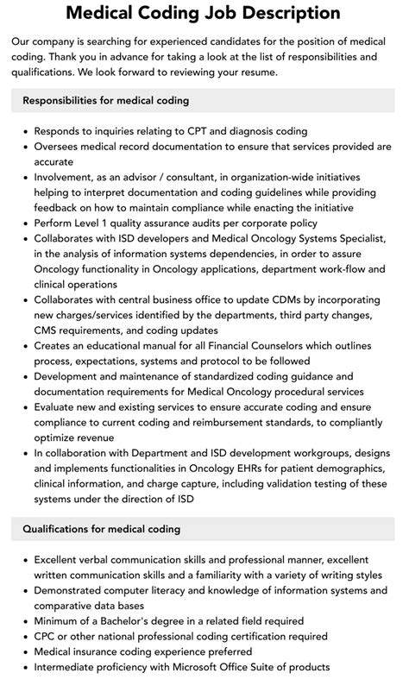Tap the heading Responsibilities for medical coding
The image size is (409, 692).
tap(105, 100)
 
